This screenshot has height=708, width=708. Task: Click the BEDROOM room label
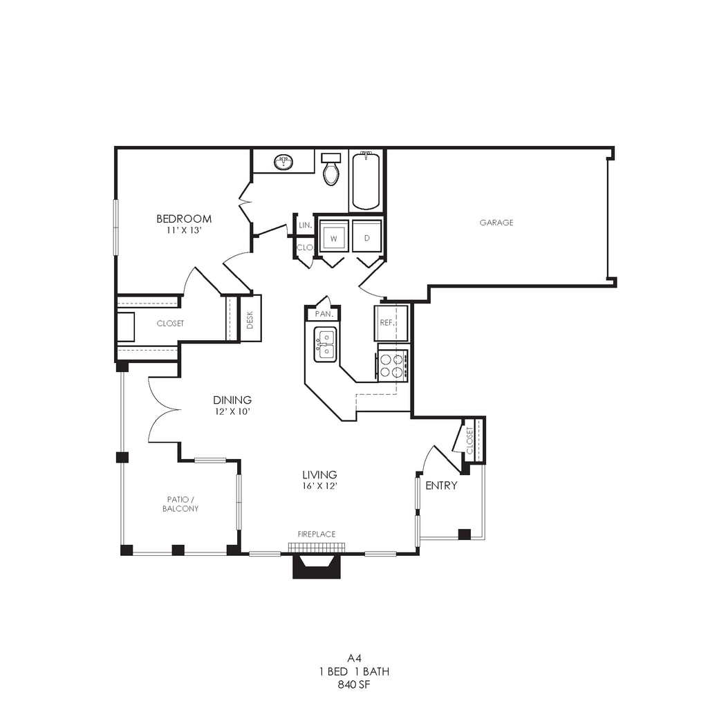(x=184, y=218)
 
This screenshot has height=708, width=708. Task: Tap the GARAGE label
(x=496, y=222)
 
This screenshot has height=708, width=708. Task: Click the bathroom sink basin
(x=283, y=162)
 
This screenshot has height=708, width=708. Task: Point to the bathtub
(x=366, y=181)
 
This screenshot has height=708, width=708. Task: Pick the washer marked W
(x=334, y=236)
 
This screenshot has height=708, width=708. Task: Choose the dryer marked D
(x=366, y=236)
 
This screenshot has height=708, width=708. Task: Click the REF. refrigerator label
(x=387, y=323)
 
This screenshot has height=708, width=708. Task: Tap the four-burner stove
(x=391, y=365)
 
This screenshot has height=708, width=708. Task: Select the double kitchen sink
(x=325, y=344)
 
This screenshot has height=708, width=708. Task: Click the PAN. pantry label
(x=324, y=313)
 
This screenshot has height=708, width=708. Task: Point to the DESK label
(x=250, y=319)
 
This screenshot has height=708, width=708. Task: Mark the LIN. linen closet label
(x=305, y=225)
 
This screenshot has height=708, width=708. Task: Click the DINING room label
(x=232, y=400)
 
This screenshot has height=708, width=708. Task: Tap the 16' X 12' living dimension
(x=319, y=486)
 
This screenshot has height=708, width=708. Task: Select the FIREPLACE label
(x=317, y=534)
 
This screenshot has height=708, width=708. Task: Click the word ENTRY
(x=441, y=485)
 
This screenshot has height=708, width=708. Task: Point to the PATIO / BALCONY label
(x=180, y=504)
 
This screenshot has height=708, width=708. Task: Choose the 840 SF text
(x=354, y=684)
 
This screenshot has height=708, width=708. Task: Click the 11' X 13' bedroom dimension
(x=184, y=230)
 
